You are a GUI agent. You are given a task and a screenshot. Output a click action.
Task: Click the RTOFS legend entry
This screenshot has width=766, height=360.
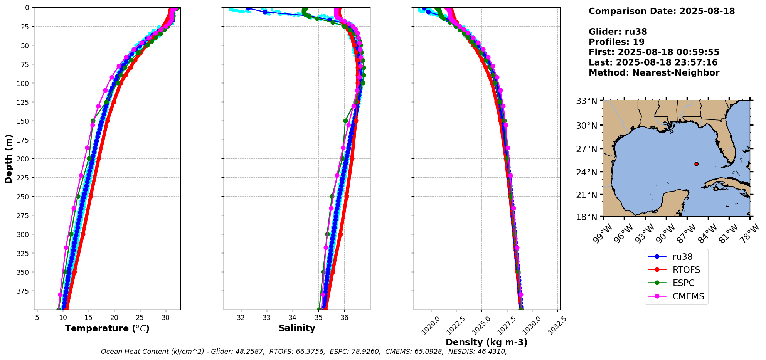tap(686, 270)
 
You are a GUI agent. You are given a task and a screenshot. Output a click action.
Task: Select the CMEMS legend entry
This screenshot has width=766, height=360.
tap(688, 296)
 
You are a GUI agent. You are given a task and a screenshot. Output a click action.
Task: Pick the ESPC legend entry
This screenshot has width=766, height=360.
tap(684, 283)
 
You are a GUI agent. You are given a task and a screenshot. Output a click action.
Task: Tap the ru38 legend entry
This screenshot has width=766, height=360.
tap(682, 257)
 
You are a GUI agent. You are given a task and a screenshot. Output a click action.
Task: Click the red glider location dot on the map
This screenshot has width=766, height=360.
tap(696, 164)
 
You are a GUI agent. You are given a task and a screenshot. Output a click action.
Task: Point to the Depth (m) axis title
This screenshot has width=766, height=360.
tap(9, 158)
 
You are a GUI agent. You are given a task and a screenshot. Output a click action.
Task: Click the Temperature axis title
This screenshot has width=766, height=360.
tap(107, 328)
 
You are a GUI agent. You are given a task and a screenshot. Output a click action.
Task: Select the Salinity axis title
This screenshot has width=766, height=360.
tap(297, 328)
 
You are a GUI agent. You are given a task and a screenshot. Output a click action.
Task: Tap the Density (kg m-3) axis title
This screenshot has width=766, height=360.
tap(487, 342)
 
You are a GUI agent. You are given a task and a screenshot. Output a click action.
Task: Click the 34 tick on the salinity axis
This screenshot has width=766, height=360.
tap(293, 318)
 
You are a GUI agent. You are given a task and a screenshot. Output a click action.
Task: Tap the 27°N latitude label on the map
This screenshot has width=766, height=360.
tap(586, 149)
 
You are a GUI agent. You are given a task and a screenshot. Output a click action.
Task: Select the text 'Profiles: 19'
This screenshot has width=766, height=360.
tap(616, 42)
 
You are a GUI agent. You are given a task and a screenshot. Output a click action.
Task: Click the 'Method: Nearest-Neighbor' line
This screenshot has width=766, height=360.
tap(654, 73)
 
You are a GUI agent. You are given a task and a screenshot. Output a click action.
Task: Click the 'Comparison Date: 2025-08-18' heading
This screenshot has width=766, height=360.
tap(662, 11)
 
